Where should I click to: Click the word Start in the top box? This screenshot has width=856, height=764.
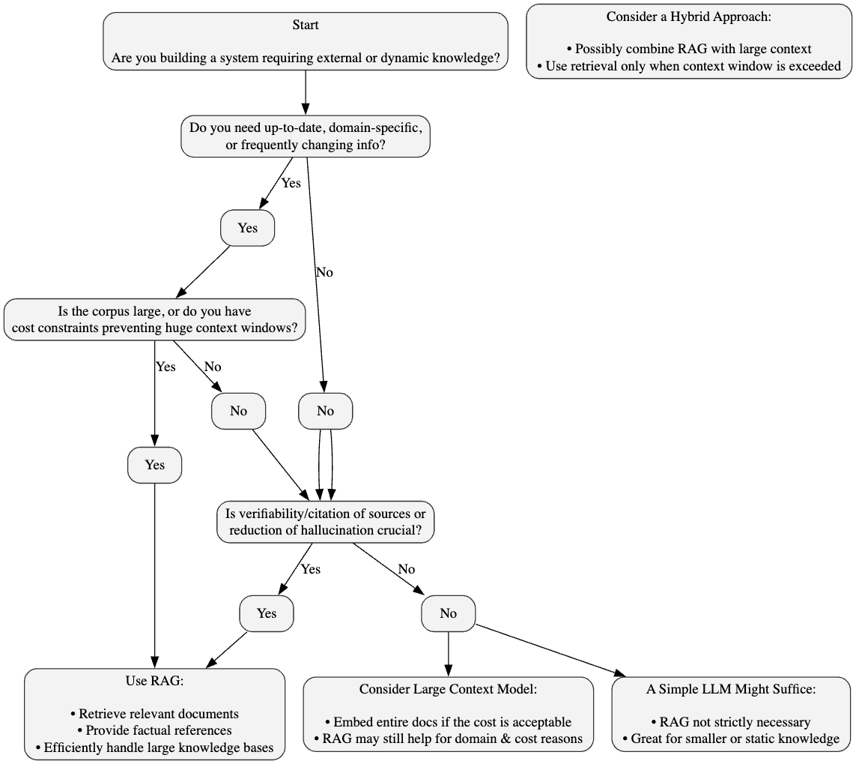tap(306, 25)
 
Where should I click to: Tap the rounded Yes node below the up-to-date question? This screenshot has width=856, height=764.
tap(247, 228)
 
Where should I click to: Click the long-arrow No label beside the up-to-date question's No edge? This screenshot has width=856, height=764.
tap(324, 272)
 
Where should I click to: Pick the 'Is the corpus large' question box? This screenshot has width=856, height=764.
tap(155, 320)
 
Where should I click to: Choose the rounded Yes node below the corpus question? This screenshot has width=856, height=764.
tap(154, 465)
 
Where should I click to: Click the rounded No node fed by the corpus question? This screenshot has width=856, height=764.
tap(238, 411)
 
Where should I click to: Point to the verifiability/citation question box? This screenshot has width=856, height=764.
tap(326, 522)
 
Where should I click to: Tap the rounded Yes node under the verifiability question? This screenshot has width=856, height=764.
tap(267, 613)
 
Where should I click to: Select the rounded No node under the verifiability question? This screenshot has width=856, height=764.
tap(448, 613)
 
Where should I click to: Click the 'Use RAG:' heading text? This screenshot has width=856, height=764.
tap(154, 682)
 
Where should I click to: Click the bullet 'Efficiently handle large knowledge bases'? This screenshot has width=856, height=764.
tap(154, 747)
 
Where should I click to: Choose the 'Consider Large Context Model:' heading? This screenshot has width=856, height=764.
tap(448, 689)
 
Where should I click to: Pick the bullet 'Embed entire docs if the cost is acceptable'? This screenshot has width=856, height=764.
tap(448, 722)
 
